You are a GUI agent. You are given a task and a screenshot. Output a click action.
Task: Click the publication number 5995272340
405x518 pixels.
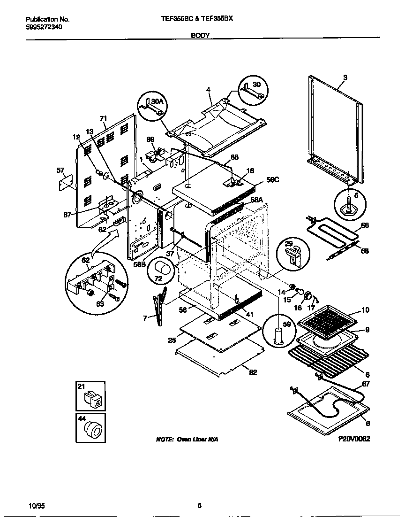point(44,27)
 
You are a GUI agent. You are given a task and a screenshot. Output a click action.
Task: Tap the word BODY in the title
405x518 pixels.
point(200,35)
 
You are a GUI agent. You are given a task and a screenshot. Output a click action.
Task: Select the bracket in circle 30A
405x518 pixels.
point(152,108)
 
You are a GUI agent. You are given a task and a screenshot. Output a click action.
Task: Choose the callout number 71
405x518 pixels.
point(103,118)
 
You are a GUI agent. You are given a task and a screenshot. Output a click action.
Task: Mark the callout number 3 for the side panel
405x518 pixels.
point(345,77)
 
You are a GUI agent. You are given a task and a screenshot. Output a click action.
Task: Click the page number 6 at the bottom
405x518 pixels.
point(199,505)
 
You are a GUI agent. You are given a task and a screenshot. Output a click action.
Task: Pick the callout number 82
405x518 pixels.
point(253,372)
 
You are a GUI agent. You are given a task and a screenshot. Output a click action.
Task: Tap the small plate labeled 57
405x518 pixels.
point(66,182)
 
